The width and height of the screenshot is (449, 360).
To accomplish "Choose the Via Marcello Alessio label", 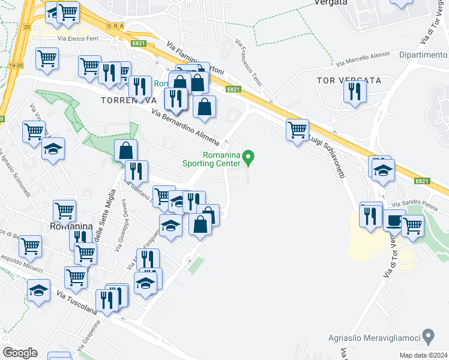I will (x=363, y=59).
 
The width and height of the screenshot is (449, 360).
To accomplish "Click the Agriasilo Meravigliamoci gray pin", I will (x=428, y=334).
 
